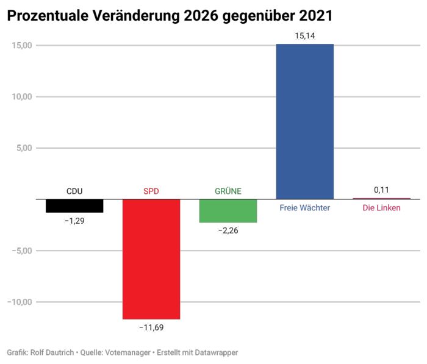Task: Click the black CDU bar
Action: click(74, 205)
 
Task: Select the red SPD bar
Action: click(151, 259)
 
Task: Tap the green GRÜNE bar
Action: click(228, 210)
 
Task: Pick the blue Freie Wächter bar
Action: click(305, 121)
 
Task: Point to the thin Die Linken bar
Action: click(382, 198)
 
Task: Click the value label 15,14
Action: click(305, 36)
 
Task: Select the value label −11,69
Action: click(151, 327)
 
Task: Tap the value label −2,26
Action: click(228, 230)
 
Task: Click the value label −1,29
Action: click(74, 221)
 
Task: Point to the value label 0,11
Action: click(382, 190)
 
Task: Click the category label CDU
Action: click(74, 191)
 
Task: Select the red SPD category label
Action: click(151, 191)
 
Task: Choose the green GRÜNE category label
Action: click(228, 191)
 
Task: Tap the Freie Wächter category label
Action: click(305, 208)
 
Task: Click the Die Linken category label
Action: click(382, 208)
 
